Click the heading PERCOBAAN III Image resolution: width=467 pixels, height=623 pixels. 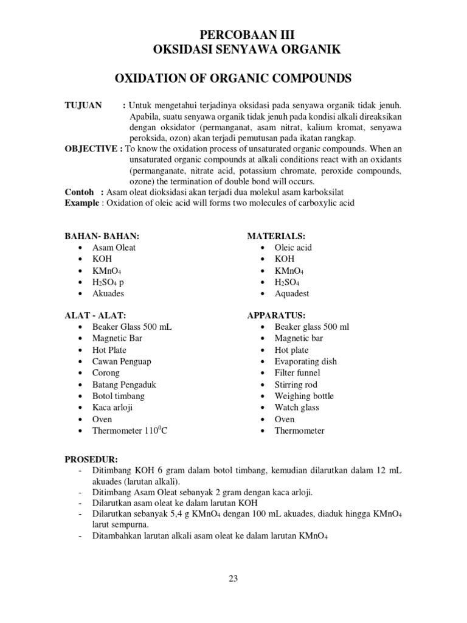(233, 35)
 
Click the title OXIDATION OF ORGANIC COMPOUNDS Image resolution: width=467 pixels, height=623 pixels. (233, 79)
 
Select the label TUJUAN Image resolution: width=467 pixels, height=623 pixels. (83, 105)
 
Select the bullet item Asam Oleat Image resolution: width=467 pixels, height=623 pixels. (114, 248)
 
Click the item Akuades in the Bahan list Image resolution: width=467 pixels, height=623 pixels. (108, 293)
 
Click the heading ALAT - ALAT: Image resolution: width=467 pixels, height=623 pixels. (95, 315)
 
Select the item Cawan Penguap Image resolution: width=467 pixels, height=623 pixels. (122, 361)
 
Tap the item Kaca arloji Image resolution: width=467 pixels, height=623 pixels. (112, 408)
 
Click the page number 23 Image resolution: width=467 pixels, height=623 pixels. (233, 579)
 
